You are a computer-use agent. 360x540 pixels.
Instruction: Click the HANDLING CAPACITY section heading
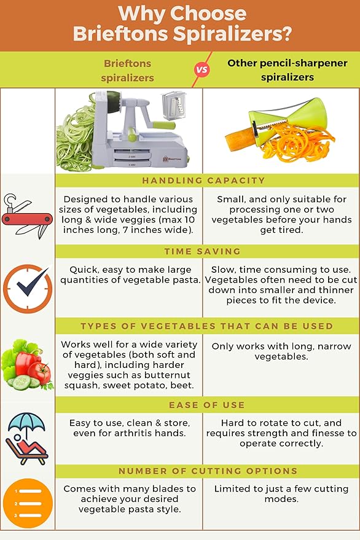click(203, 181)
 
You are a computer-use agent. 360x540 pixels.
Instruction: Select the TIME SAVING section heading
click(203, 252)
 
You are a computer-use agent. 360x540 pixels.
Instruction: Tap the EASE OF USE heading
click(203, 405)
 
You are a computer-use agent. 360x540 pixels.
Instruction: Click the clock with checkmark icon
click(27, 288)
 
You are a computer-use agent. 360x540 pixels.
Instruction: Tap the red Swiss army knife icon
click(27, 218)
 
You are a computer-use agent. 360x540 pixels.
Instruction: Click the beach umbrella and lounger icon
click(27, 439)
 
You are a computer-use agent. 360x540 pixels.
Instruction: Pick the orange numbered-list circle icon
click(27, 504)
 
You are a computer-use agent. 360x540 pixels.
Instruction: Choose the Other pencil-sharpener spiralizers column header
click(287, 70)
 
